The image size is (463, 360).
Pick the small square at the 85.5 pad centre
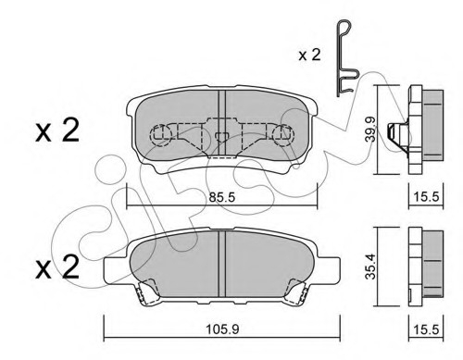(x=221, y=138)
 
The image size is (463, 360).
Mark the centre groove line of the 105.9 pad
(x=221, y=255)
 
